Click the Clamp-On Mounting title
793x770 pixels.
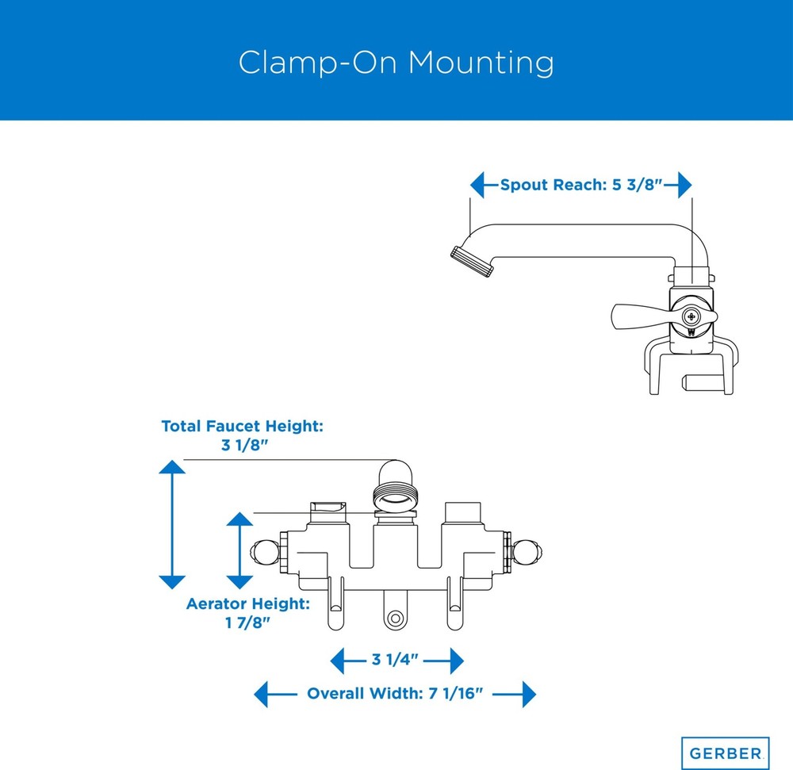click(x=396, y=63)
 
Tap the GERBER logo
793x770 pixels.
click(x=726, y=754)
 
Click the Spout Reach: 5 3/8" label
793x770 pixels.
click(x=581, y=185)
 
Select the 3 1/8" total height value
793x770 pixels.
click(x=244, y=445)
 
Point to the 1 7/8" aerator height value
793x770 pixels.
click(x=247, y=623)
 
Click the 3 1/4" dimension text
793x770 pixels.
click(x=395, y=659)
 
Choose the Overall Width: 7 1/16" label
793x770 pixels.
click(x=395, y=693)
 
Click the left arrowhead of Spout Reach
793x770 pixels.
click(x=477, y=185)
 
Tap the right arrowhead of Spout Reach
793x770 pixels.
click(x=685, y=185)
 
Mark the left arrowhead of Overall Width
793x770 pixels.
click(x=260, y=694)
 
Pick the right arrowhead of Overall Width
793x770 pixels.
click(x=529, y=694)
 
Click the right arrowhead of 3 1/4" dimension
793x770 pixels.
click(x=457, y=661)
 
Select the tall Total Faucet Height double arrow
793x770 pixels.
click(x=172, y=524)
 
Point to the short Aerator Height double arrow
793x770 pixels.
click(x=239, y=550)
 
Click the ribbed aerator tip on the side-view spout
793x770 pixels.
click(x=472, y=262)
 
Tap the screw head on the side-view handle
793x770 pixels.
click(x=691, y=317)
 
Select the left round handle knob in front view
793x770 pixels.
click(x=265, y=552)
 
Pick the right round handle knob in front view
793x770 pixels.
click(x=527, y=552)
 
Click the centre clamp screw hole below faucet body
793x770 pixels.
click(x=396, y=619)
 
